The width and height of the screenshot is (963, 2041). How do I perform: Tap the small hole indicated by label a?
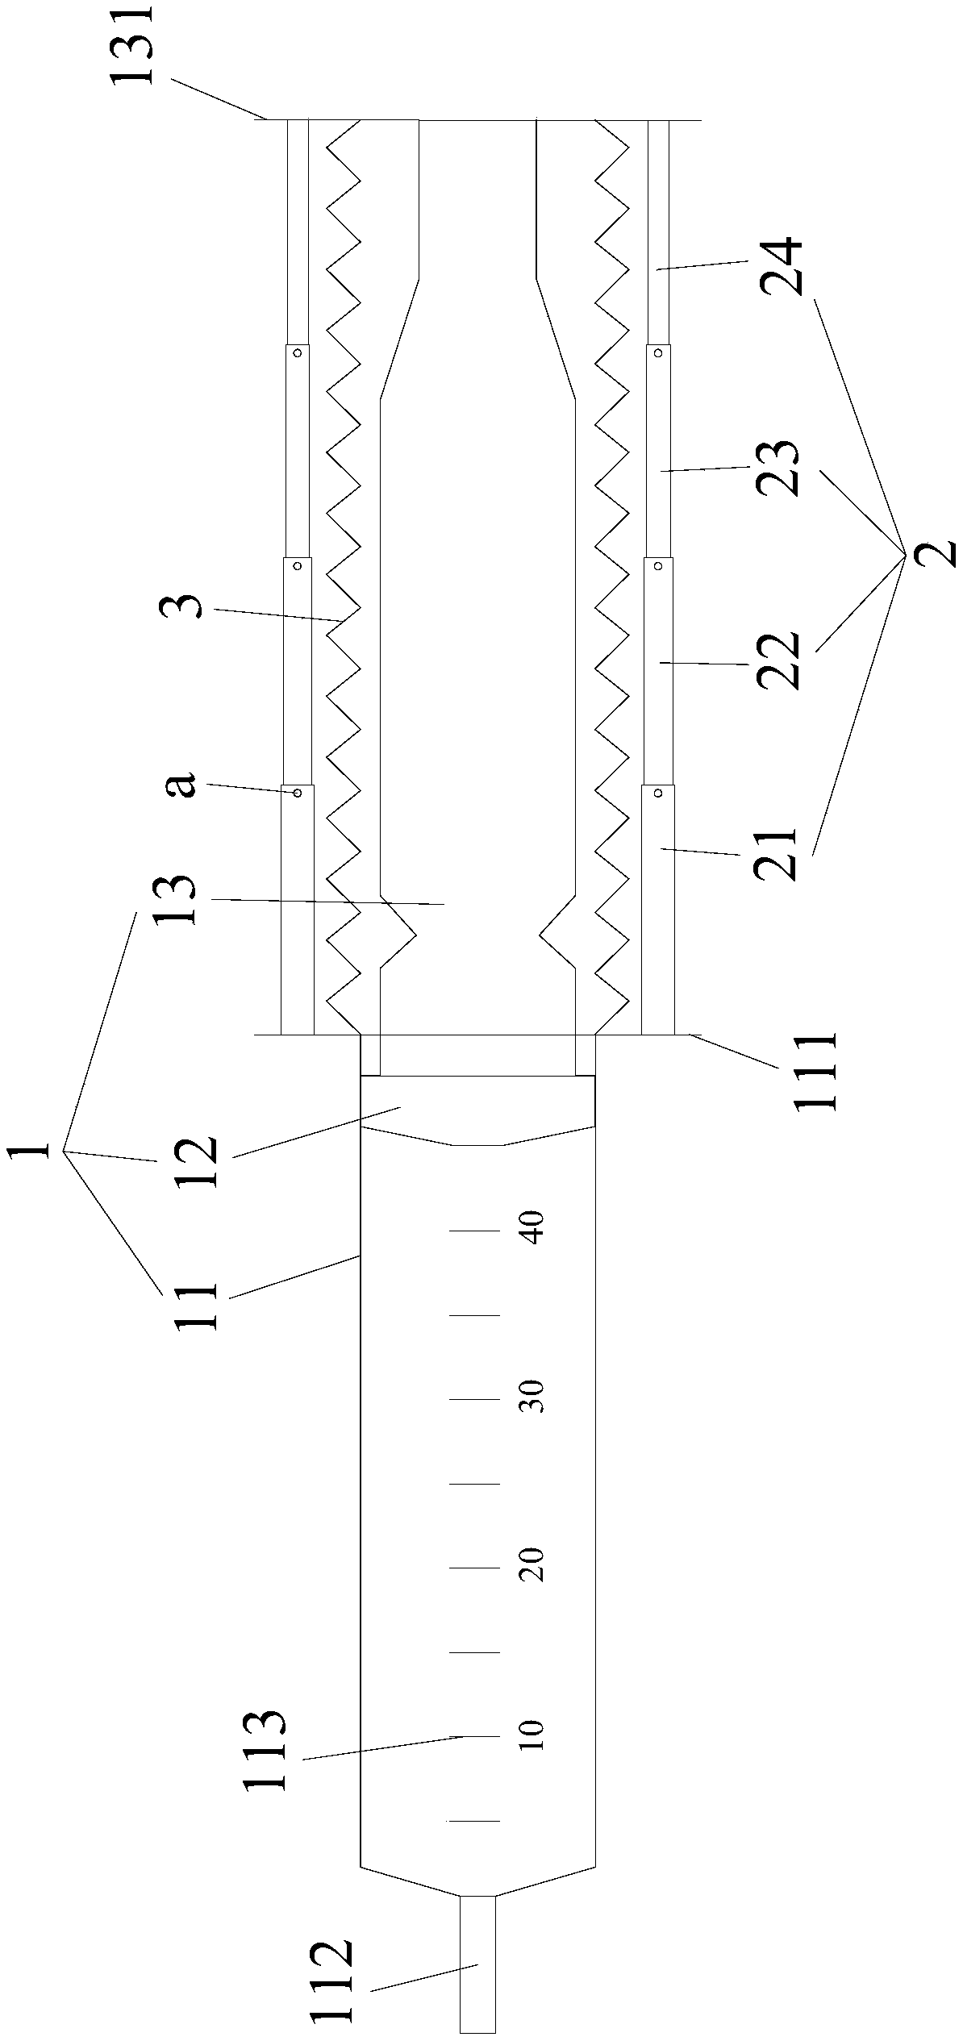(x=298, y=793)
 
